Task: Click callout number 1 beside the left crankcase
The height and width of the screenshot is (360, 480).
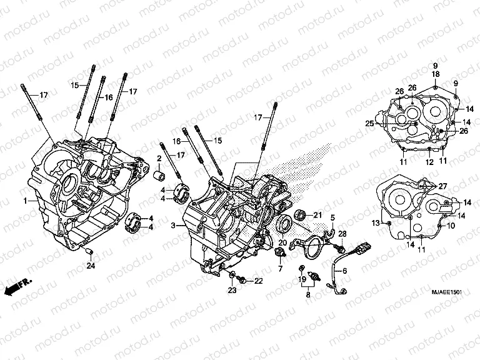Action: tap(25, 201)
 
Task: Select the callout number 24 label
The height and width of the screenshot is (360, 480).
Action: tap(91, 266)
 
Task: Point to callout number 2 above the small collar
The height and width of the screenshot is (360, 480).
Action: tap(159, 157)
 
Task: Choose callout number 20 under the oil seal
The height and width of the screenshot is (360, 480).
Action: tap(282, 243)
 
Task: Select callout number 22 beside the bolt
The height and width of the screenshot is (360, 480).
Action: tap(259, 280)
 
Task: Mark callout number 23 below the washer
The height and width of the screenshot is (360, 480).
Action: tap(232, 291)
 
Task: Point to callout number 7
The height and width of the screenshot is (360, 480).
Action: tap(280, 269)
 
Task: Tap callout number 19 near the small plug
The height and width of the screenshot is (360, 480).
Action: tap(301, 279)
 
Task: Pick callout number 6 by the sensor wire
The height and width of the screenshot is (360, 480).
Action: tap(344, 271)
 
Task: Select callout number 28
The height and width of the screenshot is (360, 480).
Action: tap(342, 232)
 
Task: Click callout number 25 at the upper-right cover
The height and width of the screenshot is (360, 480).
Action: tap(369, 124)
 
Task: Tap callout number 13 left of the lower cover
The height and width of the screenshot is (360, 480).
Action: tap(377, 223)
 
